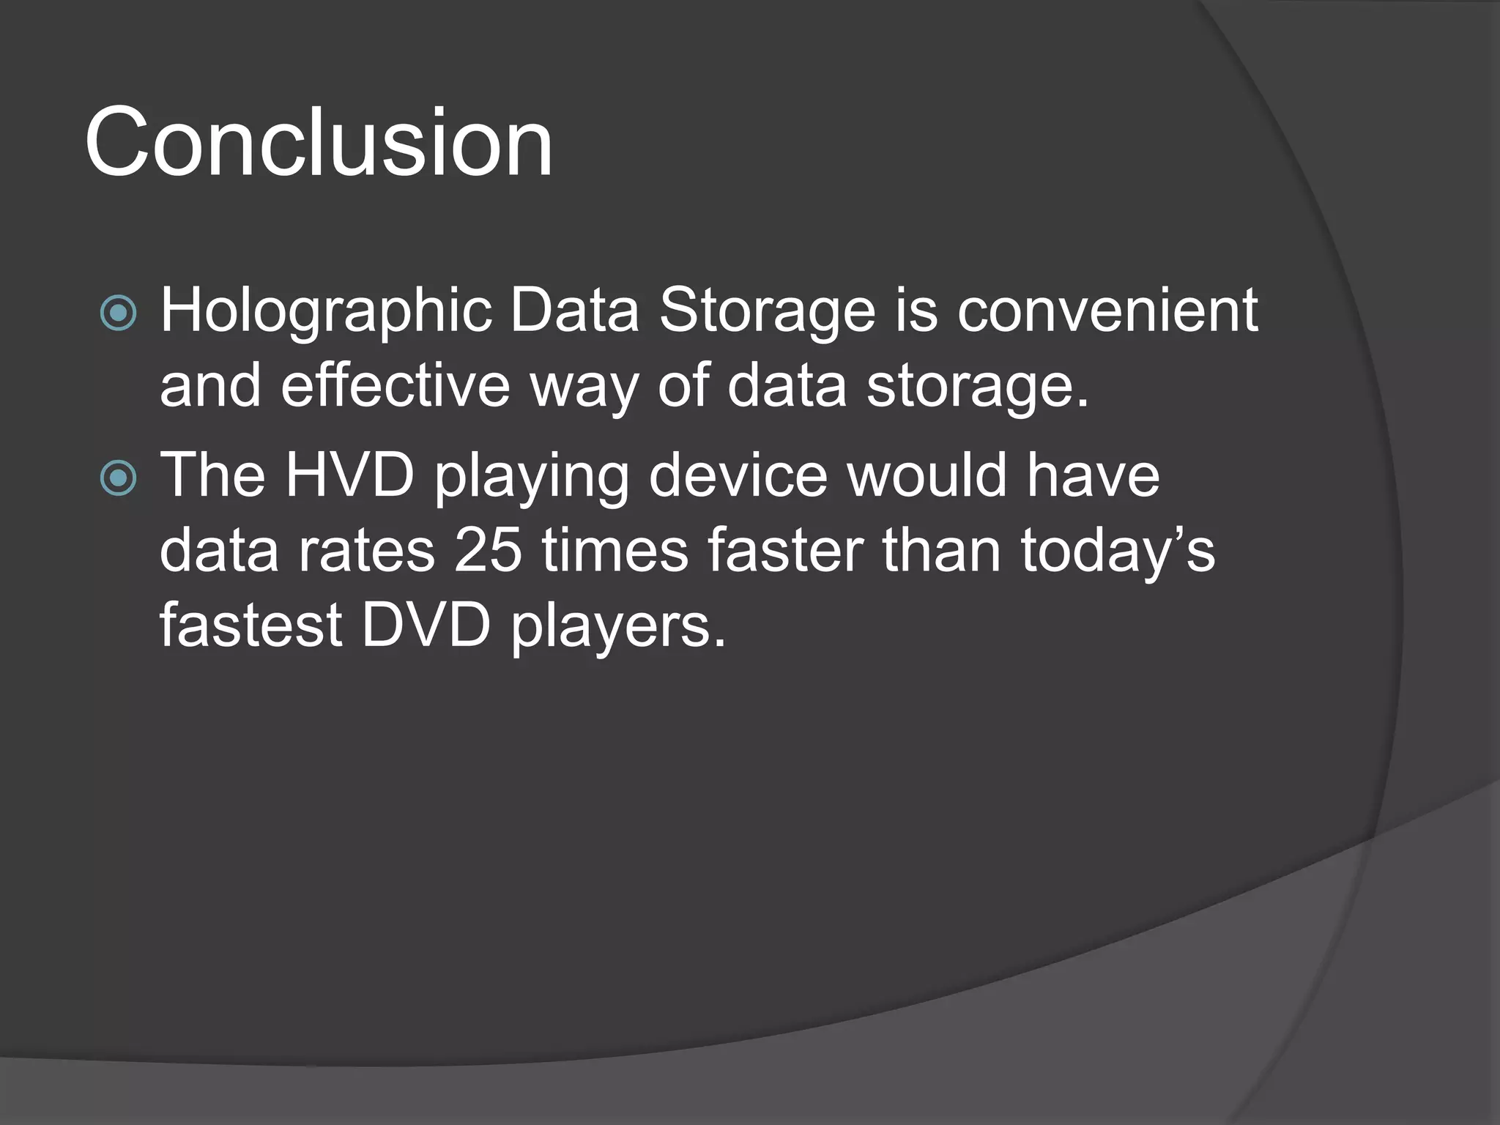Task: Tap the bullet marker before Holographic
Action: coord(118,313)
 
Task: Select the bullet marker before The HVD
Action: coord(118,478)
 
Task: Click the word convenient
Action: coord(1107,311)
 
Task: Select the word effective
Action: coord(396,385)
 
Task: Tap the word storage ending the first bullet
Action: coord(978,387)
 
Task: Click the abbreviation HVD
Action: coord(350,476)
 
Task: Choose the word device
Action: coord(738,476)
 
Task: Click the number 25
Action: coord(488,551)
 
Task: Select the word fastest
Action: coord(251,625)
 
